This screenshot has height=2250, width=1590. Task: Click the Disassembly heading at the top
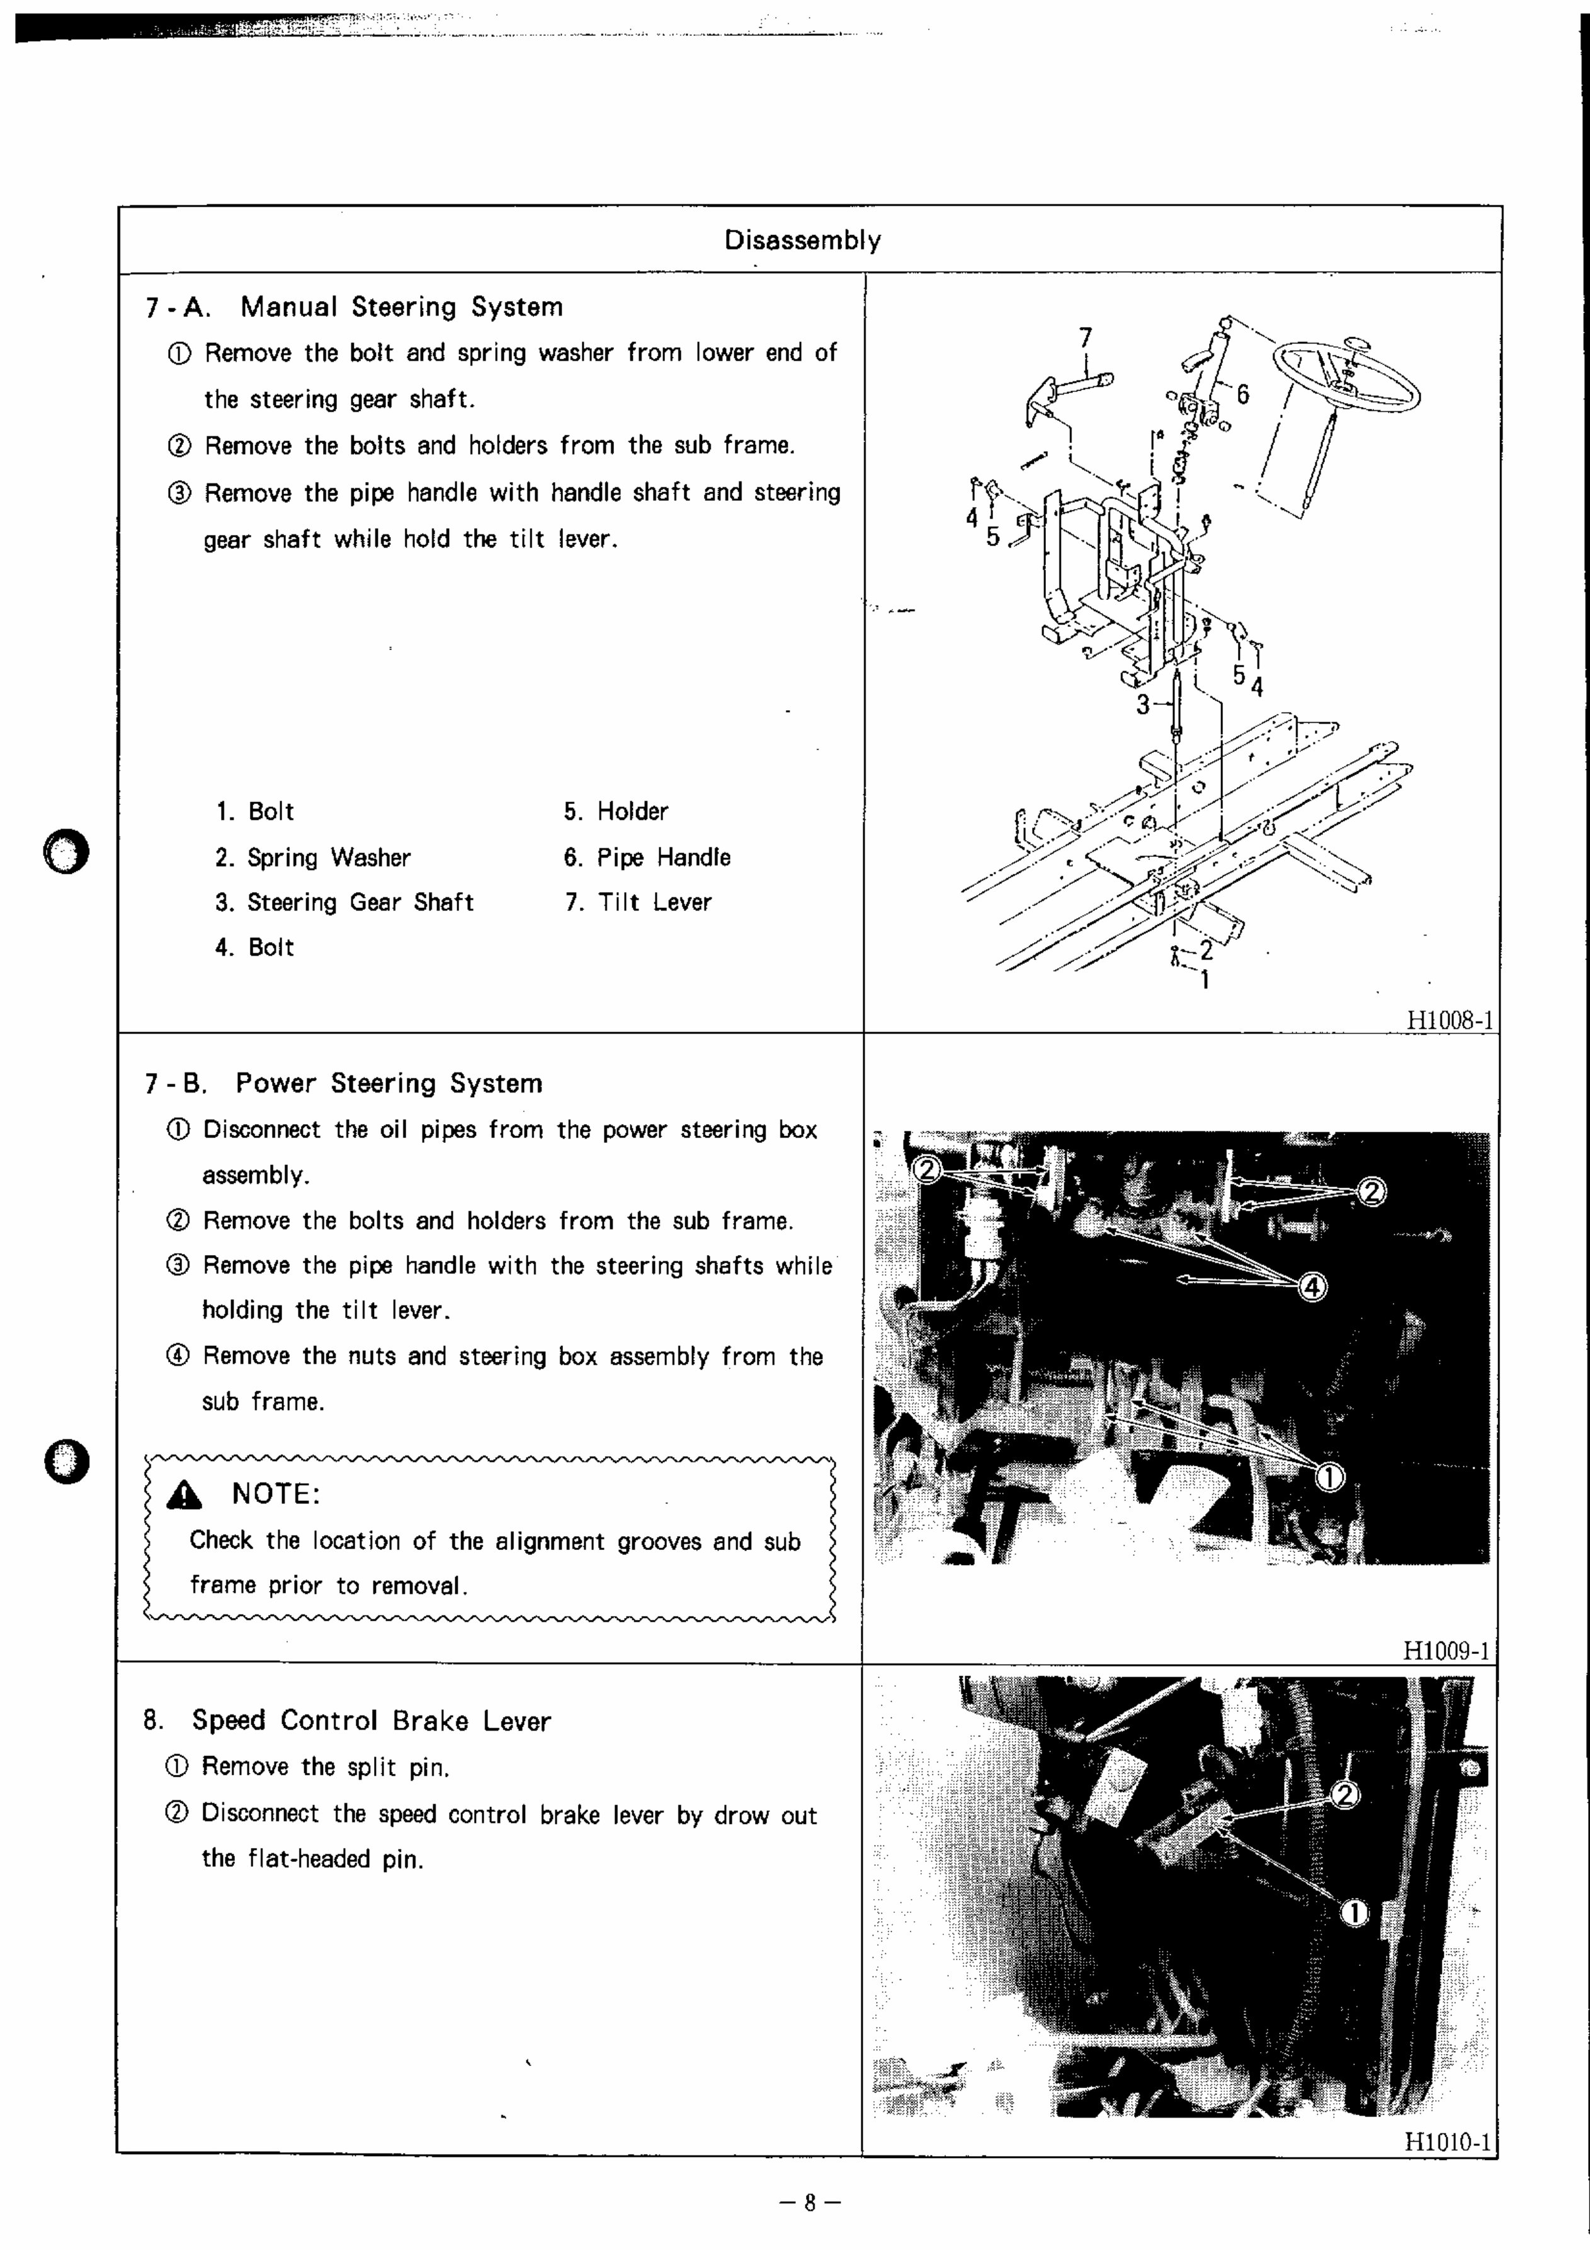[802, 240]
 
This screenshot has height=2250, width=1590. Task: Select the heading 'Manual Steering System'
[402, 307]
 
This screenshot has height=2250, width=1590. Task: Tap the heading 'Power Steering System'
[389, 1083]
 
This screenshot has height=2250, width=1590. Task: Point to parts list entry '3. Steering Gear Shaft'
[345, 902]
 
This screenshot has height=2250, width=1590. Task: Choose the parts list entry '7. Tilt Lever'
[638, 902]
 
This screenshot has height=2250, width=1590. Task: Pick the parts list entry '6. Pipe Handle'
[647, 858]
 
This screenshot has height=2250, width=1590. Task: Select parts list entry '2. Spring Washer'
[314, 858]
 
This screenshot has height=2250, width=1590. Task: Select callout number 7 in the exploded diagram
[1084, 337]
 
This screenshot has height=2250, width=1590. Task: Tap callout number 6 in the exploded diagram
[1242, 394]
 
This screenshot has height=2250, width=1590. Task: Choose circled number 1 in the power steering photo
[1329, 1477]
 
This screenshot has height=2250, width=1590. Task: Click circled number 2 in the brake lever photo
[1346, 1795]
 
